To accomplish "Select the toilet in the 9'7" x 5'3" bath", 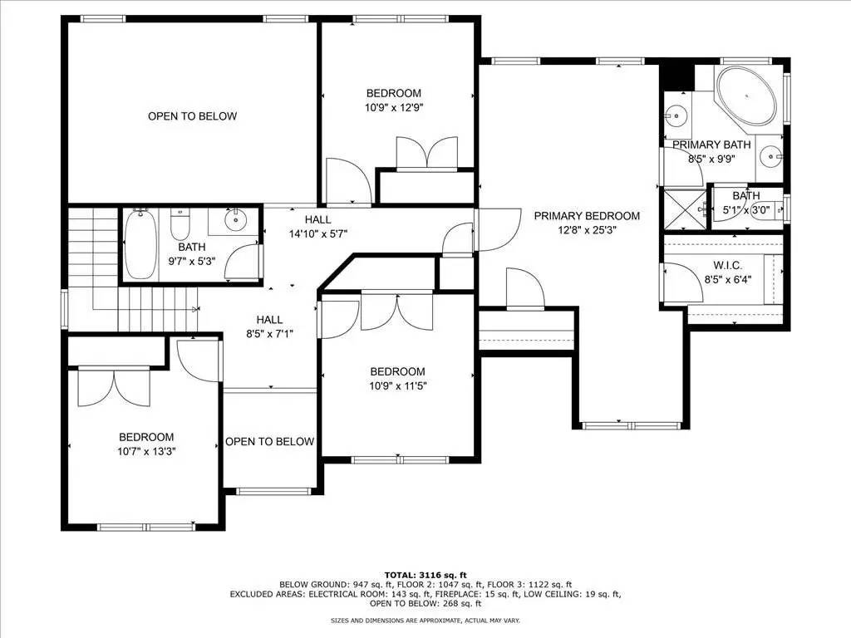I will pyautogui.click(x=180, y=223).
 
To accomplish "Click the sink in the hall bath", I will pyautogui.click(x=235, y=220).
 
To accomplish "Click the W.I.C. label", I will pyautogui.click(x=722, y=265).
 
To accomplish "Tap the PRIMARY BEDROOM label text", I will pyautogui.click(x=587, y=215).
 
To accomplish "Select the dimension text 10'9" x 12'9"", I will pyautogui.click(x=394, y=107).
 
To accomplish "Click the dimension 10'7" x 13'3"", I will pyautogui.click(x=146, y=451).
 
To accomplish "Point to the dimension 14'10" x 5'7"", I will pyautogui.click(x=317, y=233).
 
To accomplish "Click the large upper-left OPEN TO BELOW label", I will pyautogui.click(x=192, y=116).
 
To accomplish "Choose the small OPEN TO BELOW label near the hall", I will pyautogui.click(x=269, y=441).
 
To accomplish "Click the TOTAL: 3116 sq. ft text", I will pyautogui.click(x=425, y=575).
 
